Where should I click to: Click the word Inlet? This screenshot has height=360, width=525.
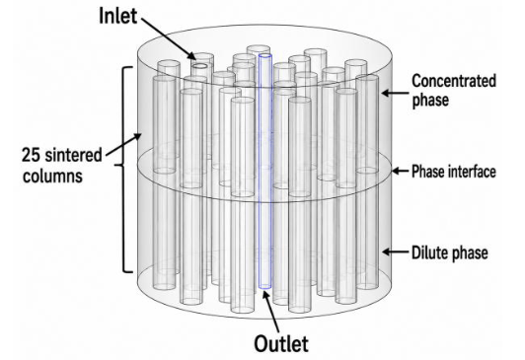click(x=117, y=16)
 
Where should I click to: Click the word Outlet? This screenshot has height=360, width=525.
click(x=281, y=343)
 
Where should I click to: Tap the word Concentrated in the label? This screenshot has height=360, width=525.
click(x=454, y=82)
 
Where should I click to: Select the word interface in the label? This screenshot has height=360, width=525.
click(x=472, y=172)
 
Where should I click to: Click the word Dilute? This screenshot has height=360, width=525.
click(x=429, y=252)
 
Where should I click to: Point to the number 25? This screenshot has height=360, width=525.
click(x=32, y=155)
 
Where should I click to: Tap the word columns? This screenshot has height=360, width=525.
click(x=52, y=176)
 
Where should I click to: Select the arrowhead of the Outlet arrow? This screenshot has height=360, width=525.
click(x=265, y=296)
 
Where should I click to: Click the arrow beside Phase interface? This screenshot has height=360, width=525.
click(x=400, y=171)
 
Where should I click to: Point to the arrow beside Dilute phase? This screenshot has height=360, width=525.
click(x=396, y=252)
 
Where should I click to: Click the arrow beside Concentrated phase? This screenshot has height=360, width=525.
click(x=395, y=93)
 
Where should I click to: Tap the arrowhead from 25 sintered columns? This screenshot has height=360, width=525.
click(x=137, y=137)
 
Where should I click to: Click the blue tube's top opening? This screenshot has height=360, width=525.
click(x=265, y=56)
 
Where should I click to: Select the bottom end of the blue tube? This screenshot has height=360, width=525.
click(x=264, y=286)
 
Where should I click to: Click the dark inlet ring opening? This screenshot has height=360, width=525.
click(x=200, y=66)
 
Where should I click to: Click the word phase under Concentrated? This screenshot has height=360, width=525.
click(x=430, y=101)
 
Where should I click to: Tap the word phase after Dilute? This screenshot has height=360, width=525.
click(x=469, y=253)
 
